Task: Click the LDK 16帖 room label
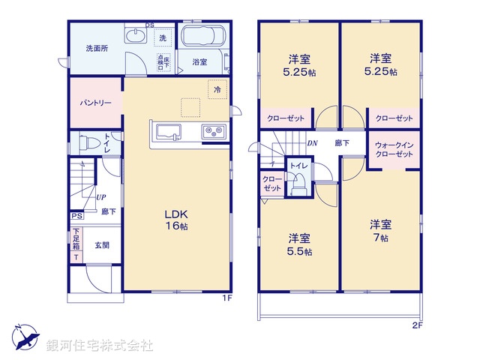coord(177,220)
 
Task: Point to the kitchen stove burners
coord(214,133)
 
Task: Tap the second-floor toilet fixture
coord(298,182)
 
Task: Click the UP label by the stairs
coord(100,197)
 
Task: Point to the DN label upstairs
coord(311,142)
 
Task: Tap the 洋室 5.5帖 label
coord(300,244)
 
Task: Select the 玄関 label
coord(102,244)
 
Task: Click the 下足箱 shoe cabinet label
coord(76,244)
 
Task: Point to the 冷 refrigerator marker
coord(217,90)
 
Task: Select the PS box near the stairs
coord(76,217)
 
